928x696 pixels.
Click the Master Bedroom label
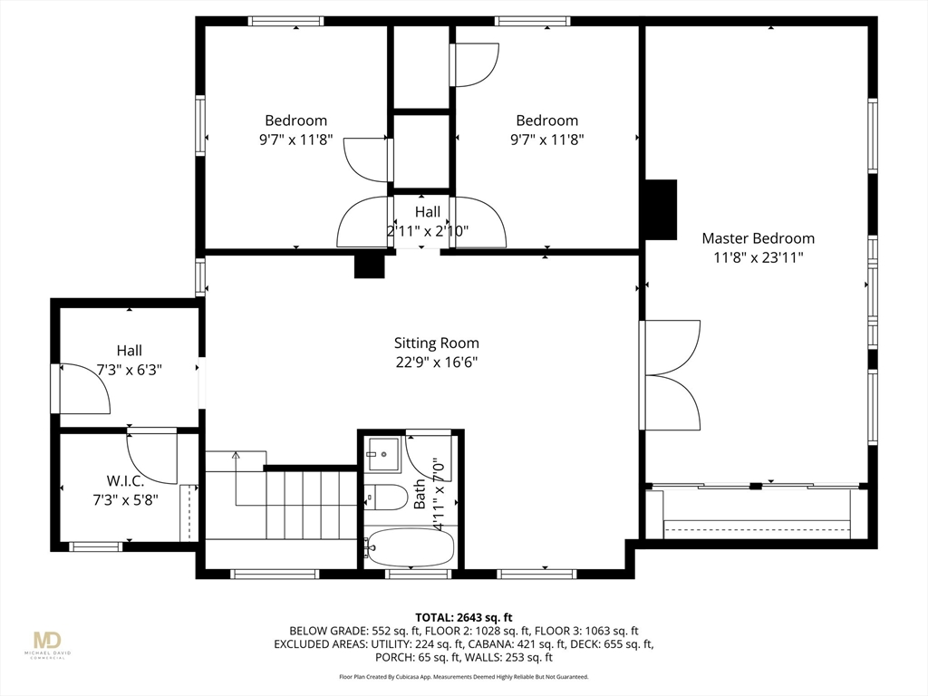[759, 238]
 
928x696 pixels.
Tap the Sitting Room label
[437, 343]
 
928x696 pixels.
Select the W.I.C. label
[125, 480]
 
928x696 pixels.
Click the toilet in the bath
[385, 497]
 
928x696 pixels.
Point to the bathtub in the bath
[409, 546]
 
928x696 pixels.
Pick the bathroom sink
[383, 454]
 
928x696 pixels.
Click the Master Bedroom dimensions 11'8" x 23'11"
[759, 258]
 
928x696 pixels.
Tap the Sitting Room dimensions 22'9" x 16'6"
[437, 362]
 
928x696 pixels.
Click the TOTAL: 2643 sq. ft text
[463, 618]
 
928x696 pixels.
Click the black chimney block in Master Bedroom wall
[661, 209]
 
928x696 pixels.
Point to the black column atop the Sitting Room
[370, 266]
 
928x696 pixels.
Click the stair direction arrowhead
[237, 455]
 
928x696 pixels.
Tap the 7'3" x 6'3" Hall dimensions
[129, 370]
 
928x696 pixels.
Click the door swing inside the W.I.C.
[152, 458]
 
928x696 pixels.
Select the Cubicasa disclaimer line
[463, 676]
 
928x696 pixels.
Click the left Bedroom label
[296, 121]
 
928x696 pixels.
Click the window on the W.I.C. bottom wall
[96, 546]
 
